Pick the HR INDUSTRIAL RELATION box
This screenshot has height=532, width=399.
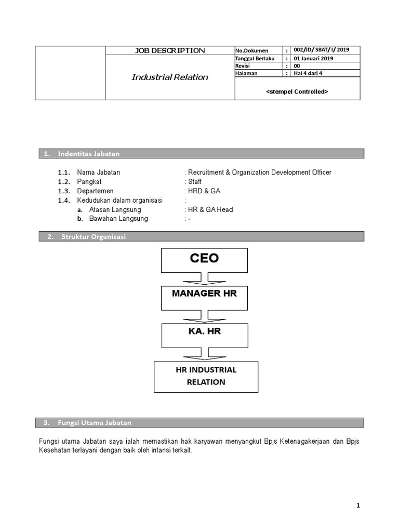point(206,376)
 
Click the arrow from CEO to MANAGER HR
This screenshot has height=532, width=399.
point(204,278)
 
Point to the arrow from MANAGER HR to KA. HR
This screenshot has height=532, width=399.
point(204,316)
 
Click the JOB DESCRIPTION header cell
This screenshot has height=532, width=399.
point(170,50)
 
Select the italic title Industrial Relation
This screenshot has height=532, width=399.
point(170,77)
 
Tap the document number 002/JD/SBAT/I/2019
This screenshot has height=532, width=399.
point(321,50)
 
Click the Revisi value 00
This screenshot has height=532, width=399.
point(297,66)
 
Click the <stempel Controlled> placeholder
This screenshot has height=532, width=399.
point(297,91)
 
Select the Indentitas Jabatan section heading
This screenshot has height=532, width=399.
point(89,154)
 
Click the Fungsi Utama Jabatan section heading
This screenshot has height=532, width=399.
point(96,422)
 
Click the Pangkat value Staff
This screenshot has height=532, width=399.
point(194,182)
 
